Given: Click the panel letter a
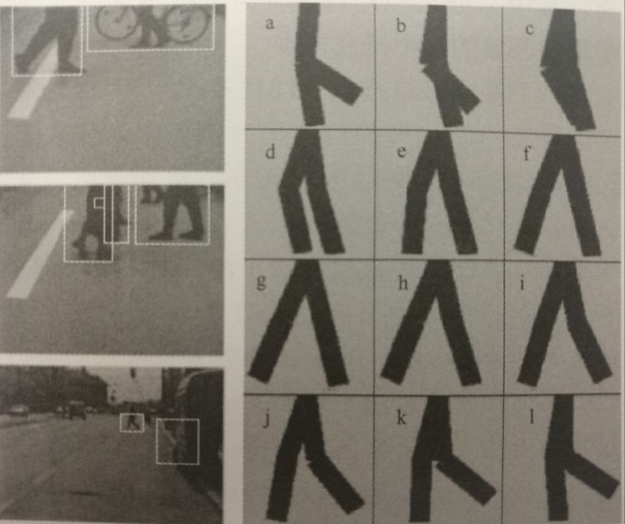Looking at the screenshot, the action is click(270, 24).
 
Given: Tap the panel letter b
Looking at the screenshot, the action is click(401, 26).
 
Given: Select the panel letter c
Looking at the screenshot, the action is click(529, 29).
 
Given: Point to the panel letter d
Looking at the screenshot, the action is click(270, 151).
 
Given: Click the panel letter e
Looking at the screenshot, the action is click(402, 151).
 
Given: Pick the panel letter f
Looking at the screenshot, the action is click(527, 153).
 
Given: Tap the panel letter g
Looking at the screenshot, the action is click(261, 282).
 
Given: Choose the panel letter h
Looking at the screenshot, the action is click(402, 283).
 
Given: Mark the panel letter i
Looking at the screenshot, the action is click(522, 284).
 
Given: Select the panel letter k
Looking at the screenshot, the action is click(401, 418).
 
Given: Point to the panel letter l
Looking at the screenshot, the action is click(531, 417).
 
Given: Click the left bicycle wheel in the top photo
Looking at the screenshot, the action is click(114, 22).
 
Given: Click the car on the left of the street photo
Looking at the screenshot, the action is click(18, 410).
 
